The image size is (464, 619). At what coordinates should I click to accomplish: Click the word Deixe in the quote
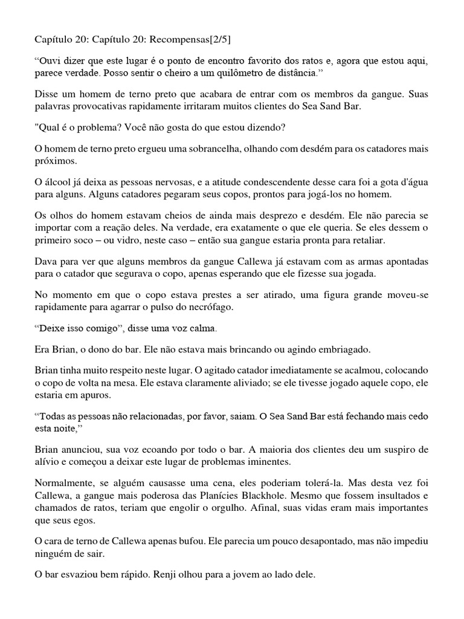pos(53,330)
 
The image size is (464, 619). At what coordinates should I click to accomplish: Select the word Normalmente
pos(60,484)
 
